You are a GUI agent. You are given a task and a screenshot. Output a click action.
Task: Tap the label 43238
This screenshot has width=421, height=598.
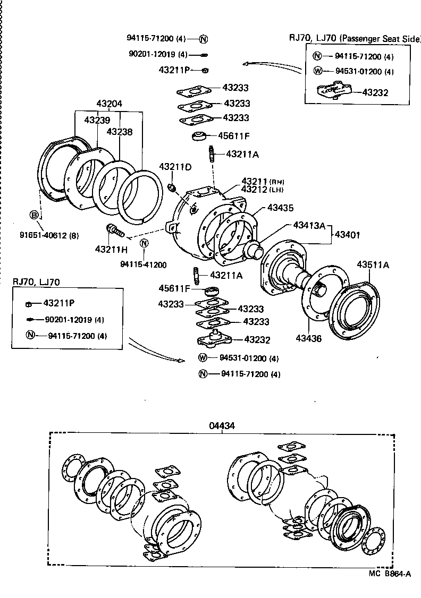(120, 132)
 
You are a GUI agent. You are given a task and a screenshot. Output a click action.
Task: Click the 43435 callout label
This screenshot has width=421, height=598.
(280, 208)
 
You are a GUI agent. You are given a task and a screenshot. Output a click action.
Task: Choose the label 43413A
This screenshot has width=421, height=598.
(309, 225)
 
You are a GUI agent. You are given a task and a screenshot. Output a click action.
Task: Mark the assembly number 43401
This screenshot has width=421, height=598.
(348, 232)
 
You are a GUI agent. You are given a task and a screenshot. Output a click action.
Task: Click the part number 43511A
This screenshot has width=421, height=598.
(373, 264)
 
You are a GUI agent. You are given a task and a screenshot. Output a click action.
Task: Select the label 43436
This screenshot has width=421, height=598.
(308, 338)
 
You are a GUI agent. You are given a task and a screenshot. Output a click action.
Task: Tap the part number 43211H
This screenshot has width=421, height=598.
(112, 249)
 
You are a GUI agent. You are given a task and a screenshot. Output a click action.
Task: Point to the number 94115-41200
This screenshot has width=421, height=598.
(144, 264)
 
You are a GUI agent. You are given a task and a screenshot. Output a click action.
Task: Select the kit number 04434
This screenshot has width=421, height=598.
(222, 425)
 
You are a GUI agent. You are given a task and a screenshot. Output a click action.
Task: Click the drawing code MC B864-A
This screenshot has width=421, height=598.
(390, 574)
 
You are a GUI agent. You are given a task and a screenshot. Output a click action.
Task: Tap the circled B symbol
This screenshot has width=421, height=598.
(34, 215)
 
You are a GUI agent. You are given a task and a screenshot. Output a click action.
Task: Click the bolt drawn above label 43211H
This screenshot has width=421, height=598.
(115, 232)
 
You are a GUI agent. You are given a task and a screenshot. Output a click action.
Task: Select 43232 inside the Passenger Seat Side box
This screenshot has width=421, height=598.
(375, 92)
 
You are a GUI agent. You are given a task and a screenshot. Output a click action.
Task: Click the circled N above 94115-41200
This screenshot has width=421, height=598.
(144, 243)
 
